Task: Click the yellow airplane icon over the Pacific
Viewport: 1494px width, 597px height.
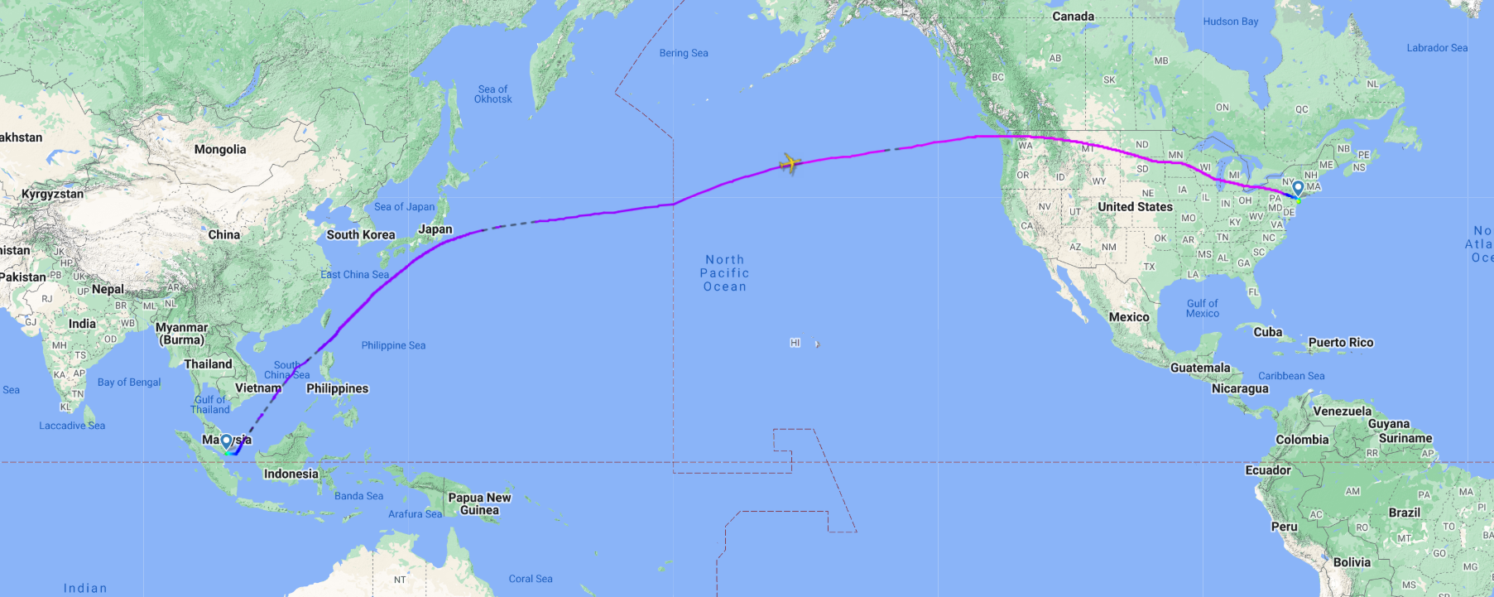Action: (x=790, y=163)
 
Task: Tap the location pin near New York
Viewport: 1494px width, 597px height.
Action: (x=1298, y=189)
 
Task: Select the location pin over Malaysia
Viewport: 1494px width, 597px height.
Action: (x=226, y=442)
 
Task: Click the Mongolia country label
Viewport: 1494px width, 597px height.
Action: (x=220, y=150)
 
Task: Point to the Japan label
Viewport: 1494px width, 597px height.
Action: (x=435, y=229)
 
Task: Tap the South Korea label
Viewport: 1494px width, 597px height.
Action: (x=361, y=235)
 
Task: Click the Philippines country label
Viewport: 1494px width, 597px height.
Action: (x=338, y=388)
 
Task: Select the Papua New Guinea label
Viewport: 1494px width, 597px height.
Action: (x=479, y=503)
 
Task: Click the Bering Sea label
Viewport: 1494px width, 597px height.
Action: (x=684, y=53)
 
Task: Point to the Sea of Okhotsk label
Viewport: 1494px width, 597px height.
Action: (x=492, y=94)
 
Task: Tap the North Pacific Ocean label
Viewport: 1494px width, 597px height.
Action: (x=725, y=273)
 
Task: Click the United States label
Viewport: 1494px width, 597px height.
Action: (x=1135, y=207)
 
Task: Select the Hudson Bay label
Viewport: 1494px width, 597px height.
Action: (x=1230, y=22)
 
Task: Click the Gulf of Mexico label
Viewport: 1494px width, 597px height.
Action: (x=1202, y=308)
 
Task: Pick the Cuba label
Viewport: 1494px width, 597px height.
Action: (x=1267, y=332)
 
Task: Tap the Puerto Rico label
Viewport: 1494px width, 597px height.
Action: (x=1341, y=343)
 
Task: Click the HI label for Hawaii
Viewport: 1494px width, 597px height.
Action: (x=795, y=343)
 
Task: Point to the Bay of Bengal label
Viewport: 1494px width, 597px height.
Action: (x=129, y=383)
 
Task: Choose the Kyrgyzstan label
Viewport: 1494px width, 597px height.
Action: (x=52, y=195)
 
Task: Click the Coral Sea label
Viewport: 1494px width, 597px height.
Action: (x=531, y=579)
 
